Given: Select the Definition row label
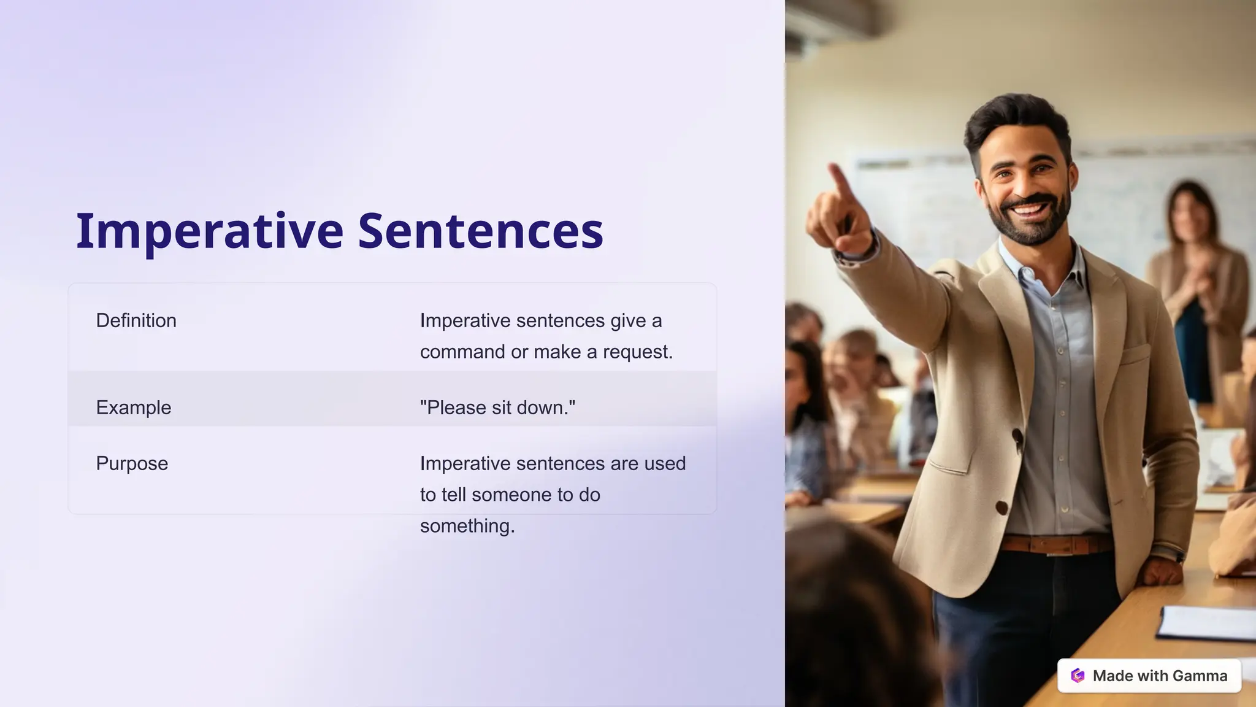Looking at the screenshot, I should pyautogui.click(x=136, y=320).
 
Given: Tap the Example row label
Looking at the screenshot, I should pyautogui.click(x=133, y=408).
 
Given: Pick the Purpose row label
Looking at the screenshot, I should pyautogui.click(x=132, y=463).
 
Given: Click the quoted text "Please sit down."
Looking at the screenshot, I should pyautogui.click(x=497, y=408).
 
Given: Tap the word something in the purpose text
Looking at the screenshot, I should pyautogui.click(x=467, y=527).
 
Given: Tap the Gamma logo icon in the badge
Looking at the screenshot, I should pyautogui.click(x=1078, y=676).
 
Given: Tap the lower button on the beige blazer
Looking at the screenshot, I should pyautogui.click(x=1001, y=508).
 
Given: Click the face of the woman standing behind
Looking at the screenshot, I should pyautogui.click(x=1190, y=212).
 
